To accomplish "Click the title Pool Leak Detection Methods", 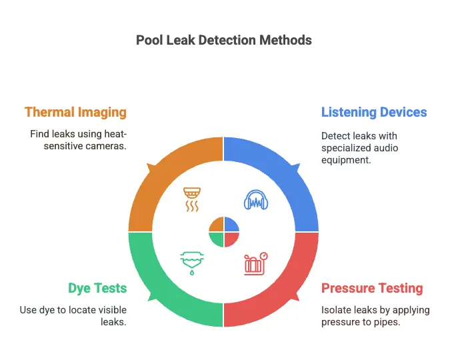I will (x=223, y=40).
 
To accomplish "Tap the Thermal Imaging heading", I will (x=75, y=112).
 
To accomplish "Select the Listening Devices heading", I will (x=374, y=112).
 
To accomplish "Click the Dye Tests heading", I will (x=97, y=289).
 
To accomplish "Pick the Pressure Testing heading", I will (x=372, y=289).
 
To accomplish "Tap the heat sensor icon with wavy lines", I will (x=191, y=199).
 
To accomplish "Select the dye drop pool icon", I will (x=191, y=261).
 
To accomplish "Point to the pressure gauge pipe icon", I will (x=255, y=263).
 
